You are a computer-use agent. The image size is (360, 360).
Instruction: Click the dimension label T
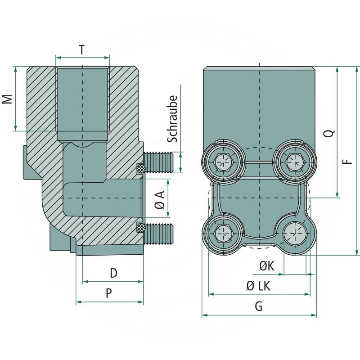pyautogui.click(x=81, y=50)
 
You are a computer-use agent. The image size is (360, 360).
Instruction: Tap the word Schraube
pyautogui.click(x=174, y=119)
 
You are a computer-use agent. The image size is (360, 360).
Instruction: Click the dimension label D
pyautogui.click(x=113, y=273)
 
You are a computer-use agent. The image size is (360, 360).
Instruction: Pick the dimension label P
pyautogui.click(x=108, y=293)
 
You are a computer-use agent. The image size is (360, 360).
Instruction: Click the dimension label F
pyautogui.click(x=347, y=161)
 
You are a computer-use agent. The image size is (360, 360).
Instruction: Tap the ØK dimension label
pyautogui.click(x=266, y=266)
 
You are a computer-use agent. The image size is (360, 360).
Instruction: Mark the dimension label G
pyautogui.click(x=258, y=306)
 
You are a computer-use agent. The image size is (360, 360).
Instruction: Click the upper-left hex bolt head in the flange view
pyautogui.click(x=223, y=161)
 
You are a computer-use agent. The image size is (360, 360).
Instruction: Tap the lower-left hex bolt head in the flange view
pyautogui.click(x=223, y=233)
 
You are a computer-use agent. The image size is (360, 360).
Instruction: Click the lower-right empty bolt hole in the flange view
pyautogui.click(x=295, y=233)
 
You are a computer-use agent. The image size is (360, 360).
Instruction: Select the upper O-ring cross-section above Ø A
pyautogui.click(x=141, y=169)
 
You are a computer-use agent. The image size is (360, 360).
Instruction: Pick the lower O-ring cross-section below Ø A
pyautogui.click(x=141, y=228)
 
